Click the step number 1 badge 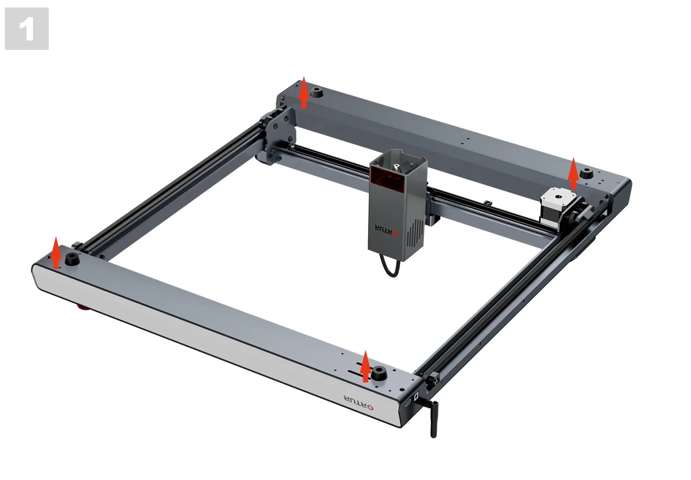coord(27,28)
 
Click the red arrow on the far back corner coord(304,93)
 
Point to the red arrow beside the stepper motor coord(573,174)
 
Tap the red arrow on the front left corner coord(56,253)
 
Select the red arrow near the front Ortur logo coord(365,366)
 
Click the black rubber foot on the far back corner coord(318,92)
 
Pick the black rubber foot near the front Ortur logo coord(379,373)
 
